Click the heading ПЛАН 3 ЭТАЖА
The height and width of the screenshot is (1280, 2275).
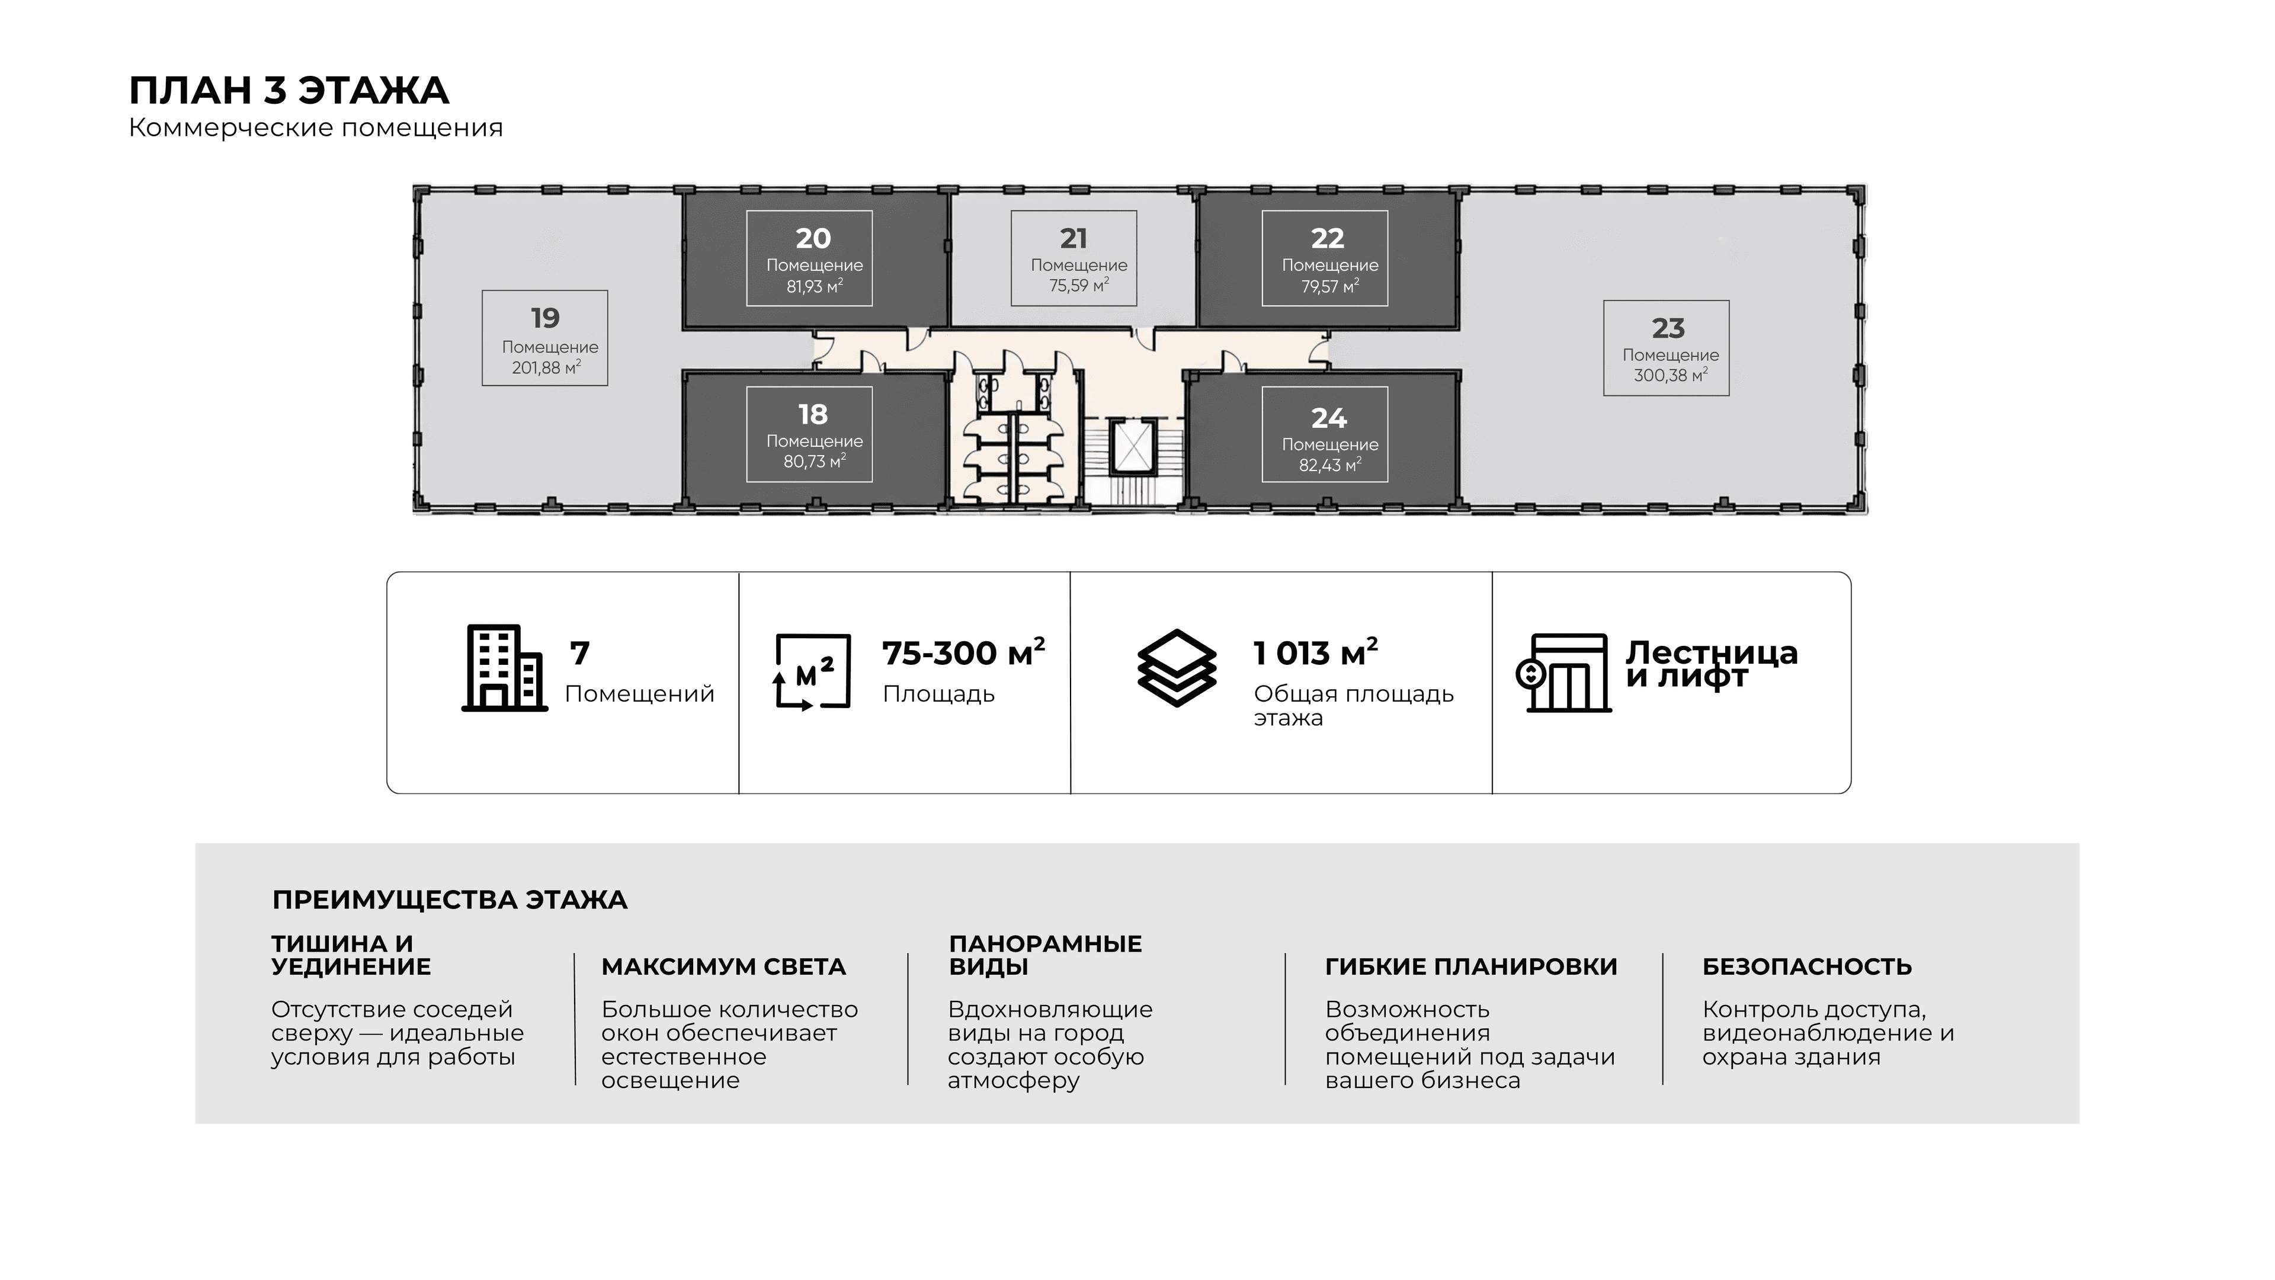click(x=289, y=90)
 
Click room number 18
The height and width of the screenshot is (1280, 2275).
click(x=812, y=414)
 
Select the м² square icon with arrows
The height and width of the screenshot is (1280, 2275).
click(x=812, y=672)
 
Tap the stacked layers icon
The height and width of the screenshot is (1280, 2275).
click(x=1177, y=668)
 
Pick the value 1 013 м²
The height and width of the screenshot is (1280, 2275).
click(x=1316, y=653)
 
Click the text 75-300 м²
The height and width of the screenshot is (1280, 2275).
click(x=963, y=653)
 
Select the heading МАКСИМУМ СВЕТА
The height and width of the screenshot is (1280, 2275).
click(x=723, y=967)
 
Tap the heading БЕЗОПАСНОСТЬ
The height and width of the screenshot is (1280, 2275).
click(x=1807, y=967)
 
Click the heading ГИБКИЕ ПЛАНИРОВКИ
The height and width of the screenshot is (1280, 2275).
click(x=1471, y=967)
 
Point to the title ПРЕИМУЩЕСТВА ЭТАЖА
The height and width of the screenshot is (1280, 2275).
click(x=450, y=900)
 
